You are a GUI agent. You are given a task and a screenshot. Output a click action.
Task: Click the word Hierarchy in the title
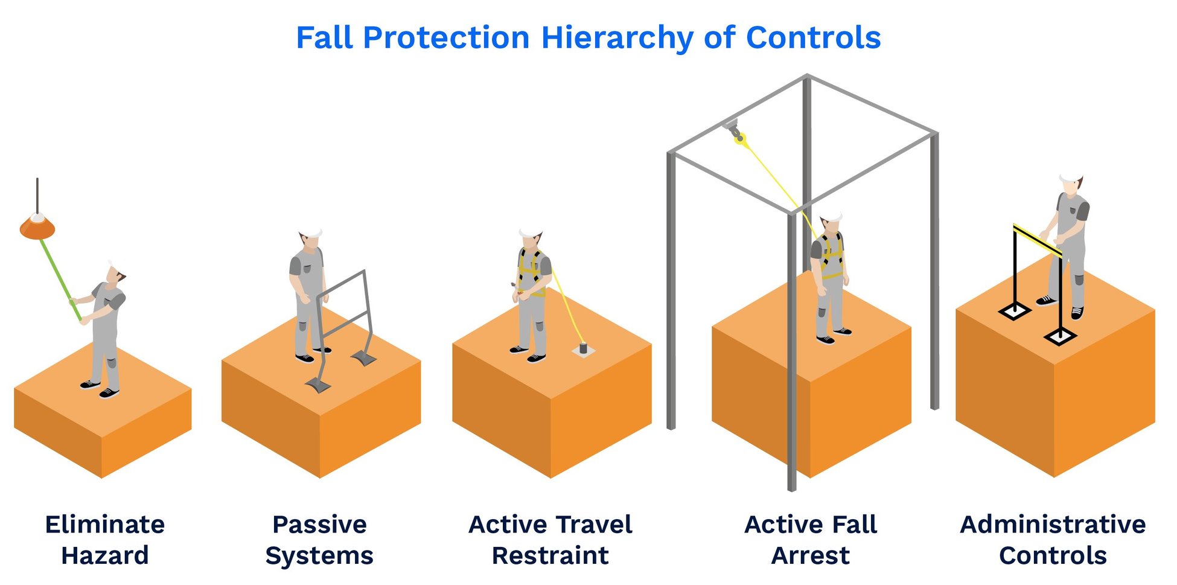[617, 38]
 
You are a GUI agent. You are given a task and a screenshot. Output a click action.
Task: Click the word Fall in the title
[324, 38]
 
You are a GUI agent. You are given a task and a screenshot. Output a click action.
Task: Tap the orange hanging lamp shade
[37, 229]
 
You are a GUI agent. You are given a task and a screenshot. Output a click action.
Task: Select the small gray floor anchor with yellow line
[583, 349]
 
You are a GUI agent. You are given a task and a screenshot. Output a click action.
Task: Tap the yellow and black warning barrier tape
[1037, 240]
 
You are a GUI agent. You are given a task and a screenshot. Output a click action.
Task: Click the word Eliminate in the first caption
[104, 524]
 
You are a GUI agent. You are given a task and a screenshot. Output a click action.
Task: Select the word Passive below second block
[319, 524]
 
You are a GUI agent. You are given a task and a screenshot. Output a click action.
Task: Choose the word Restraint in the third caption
[550, 555]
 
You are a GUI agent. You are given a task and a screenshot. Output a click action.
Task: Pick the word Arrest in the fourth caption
[810, 555]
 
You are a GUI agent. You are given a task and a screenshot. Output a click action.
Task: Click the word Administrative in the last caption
[1053, 524]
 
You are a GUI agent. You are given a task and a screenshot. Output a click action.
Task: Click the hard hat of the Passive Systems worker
[311, 232]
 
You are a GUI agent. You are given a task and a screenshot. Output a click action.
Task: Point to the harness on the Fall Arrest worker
[832, 254]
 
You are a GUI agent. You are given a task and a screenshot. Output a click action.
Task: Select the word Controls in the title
[813, 38]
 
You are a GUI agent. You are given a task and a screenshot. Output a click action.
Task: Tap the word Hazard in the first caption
[104, 555]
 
